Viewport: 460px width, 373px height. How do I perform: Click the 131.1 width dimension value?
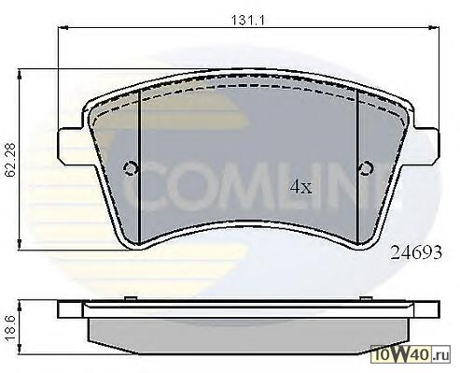247,21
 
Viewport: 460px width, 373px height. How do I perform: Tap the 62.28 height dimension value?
11,160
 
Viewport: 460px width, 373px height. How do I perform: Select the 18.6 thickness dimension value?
11,328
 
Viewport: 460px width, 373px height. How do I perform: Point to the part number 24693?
416,252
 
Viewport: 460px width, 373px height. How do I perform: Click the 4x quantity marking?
300,186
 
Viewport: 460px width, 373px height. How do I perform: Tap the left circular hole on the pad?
131,168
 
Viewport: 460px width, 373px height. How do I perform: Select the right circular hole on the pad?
366,168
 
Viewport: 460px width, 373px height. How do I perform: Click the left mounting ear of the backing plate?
71,145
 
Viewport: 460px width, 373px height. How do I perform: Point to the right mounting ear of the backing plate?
426,145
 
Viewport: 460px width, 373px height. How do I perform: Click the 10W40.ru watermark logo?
411,354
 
